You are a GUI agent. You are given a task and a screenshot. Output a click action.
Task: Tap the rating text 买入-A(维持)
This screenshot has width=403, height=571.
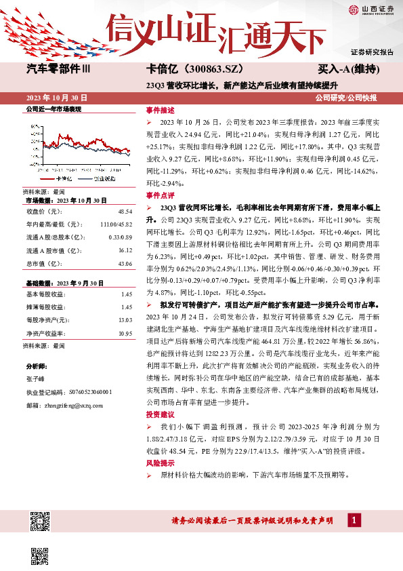(x=348, y=69)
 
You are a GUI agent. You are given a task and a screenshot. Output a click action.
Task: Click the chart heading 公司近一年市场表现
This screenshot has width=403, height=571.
(x=53, y=109)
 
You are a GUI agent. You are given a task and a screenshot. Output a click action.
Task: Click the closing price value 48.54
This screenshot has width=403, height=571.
(x=124, y=212)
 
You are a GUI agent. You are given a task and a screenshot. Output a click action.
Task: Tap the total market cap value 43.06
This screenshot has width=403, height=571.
(x=124, y=263)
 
